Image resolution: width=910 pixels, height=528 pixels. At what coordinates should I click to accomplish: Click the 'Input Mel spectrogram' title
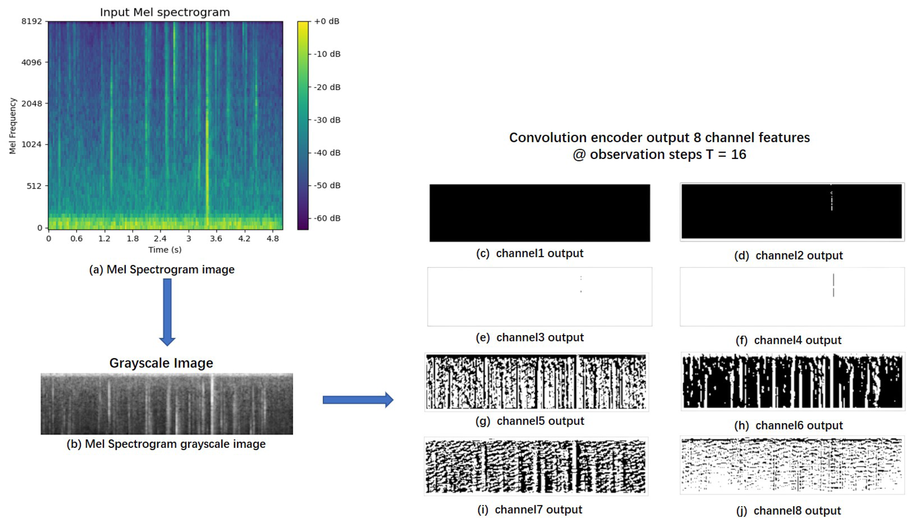coord(165,12)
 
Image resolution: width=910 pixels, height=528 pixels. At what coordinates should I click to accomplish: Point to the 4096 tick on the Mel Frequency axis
coord(31,62)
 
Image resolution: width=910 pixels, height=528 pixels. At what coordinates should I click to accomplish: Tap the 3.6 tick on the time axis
coord(216,239)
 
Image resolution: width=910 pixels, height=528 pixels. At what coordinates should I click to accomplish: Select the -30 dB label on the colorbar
coord(327,120)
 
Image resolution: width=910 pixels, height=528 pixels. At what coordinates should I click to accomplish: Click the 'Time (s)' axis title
coord(165,250)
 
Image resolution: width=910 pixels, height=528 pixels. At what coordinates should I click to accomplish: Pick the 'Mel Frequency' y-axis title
coord(13,126)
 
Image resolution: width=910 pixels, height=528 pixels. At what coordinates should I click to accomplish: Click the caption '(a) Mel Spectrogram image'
coord(162,269)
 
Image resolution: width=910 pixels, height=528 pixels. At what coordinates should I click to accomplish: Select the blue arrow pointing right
coord(357,399)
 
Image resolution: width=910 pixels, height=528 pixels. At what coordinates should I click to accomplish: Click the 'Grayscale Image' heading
coord(161,363)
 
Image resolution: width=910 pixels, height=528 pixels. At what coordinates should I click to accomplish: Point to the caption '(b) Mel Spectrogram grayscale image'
coord(166,444)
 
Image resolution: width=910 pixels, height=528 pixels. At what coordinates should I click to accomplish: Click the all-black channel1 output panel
coord(540,213)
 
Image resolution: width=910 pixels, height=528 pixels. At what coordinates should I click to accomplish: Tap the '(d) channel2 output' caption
coord(788,256)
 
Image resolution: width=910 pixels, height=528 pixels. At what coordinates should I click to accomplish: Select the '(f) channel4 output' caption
coord(788,340)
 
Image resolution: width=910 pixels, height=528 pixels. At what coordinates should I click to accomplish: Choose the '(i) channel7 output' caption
coord(529,510)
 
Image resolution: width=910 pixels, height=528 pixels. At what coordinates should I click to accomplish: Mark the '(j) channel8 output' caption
coord(788,511)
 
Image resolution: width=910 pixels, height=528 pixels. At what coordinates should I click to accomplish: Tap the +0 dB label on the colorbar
coord(326,21)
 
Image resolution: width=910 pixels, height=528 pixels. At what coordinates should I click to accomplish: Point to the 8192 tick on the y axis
coord(31,21)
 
